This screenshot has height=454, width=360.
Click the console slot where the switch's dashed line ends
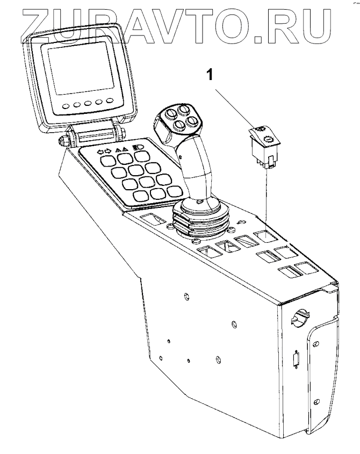click(265, 235)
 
